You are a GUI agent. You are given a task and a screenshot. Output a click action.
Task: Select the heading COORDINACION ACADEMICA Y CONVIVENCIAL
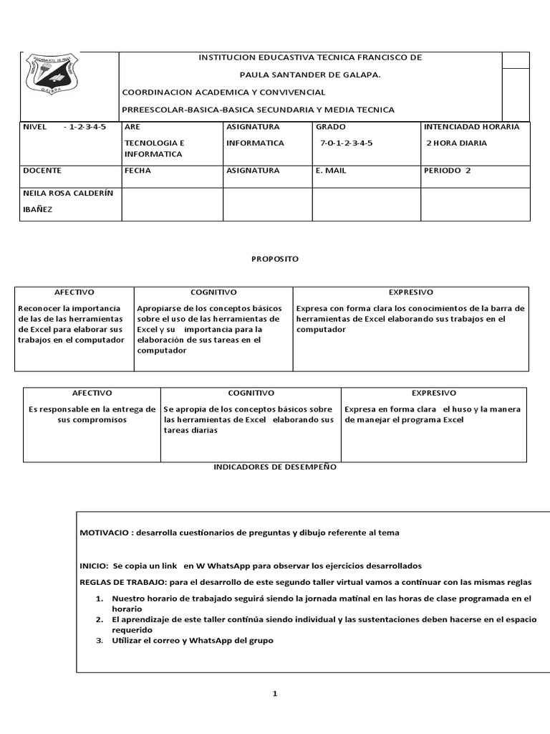point(224,92)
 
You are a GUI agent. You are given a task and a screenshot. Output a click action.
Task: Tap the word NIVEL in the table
point(35,127)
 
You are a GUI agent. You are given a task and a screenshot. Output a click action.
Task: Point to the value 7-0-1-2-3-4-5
point(347,143)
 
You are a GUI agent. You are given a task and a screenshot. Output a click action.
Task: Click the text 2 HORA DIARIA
point(456,143)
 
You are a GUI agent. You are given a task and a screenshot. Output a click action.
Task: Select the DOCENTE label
point(42,171)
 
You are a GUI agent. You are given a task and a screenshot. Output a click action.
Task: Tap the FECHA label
point(137,171)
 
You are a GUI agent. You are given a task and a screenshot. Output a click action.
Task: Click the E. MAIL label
point(331,171)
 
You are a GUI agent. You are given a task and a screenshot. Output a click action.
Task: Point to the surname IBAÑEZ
point(39,209)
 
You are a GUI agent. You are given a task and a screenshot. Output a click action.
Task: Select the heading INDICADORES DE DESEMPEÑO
point(275,467)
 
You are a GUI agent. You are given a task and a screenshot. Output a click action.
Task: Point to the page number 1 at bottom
point(274,693)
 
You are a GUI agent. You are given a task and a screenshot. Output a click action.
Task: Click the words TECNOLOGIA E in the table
point(154,143)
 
